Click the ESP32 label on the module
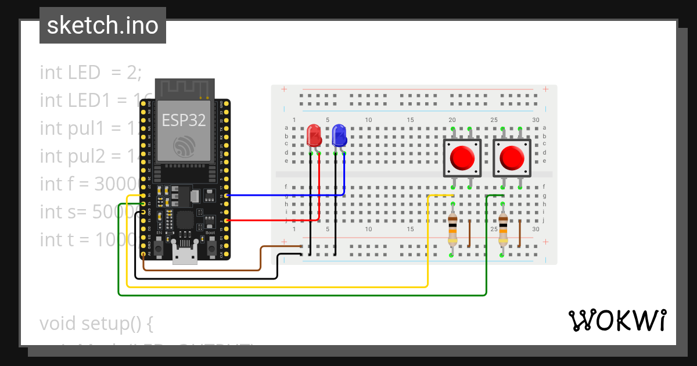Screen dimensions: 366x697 pos(184,120)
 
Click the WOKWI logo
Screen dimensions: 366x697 pos(617,320)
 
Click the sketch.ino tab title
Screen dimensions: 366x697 pos(103,26)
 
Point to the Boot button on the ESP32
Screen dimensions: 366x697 pos(211,248)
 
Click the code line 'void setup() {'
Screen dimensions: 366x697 pos(96,323)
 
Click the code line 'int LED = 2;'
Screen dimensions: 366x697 pos(91,72)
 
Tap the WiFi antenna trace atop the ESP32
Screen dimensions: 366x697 pos(184,88)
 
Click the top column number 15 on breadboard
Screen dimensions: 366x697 pos(410,120)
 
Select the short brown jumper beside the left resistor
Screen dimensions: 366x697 pos(469,233)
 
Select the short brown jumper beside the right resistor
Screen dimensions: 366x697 pos(519,233)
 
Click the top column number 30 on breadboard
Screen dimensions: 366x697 pos(536,120)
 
